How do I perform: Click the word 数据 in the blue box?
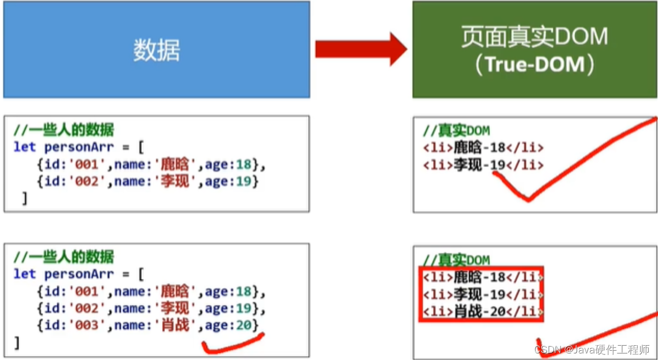(156, 51)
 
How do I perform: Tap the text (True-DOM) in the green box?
(534, 65)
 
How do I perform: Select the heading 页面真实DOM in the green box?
(534, 37)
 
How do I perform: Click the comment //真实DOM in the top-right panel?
(456, 131)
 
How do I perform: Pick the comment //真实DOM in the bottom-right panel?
(456, 260)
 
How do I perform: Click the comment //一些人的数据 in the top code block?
(64, 130)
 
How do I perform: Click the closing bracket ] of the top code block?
(24, 198)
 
